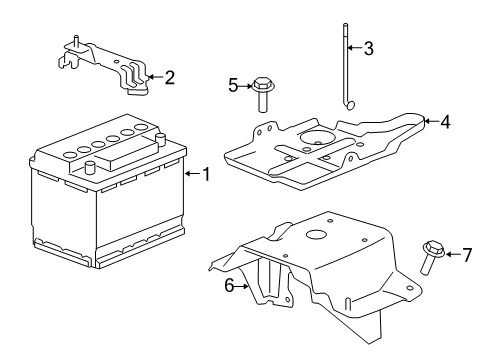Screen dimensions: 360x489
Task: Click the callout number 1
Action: click(206, 175)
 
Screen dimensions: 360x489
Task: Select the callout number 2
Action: click(169, 76)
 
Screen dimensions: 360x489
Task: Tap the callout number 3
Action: click(369, 48)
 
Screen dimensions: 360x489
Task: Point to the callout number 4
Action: click(445, 123)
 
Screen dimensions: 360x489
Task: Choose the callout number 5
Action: click(234, 85)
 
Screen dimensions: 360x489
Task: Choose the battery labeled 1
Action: click(105, 200)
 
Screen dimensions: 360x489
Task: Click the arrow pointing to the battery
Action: click(192, 175)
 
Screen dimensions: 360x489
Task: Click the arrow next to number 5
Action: click(246, 85)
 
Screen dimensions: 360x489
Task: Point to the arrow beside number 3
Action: click(356, 48)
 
